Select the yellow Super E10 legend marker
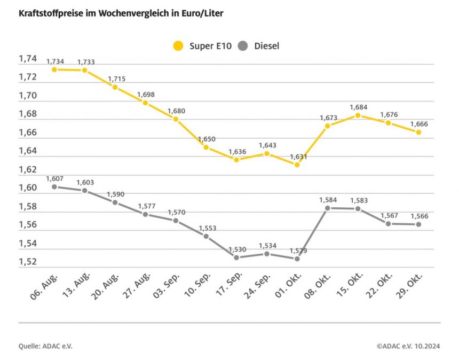click(x=178, y=46)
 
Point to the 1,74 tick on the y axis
click(x=28, y=59)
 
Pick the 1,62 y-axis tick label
click(x=28, y=170)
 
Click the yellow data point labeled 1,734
click(x=54, y=69)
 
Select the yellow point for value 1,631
click(x=297, y=165)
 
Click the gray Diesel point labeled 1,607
click(x=54, y=187)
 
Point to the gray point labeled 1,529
click(x=297, y=259)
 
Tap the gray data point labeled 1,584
click(x=328, y=208)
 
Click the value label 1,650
click(x=207, y=139)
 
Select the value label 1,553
click(x=207, y=228)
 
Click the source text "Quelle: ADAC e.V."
click(x=45, y=346)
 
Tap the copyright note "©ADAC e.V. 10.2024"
click(x=408, y=346)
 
